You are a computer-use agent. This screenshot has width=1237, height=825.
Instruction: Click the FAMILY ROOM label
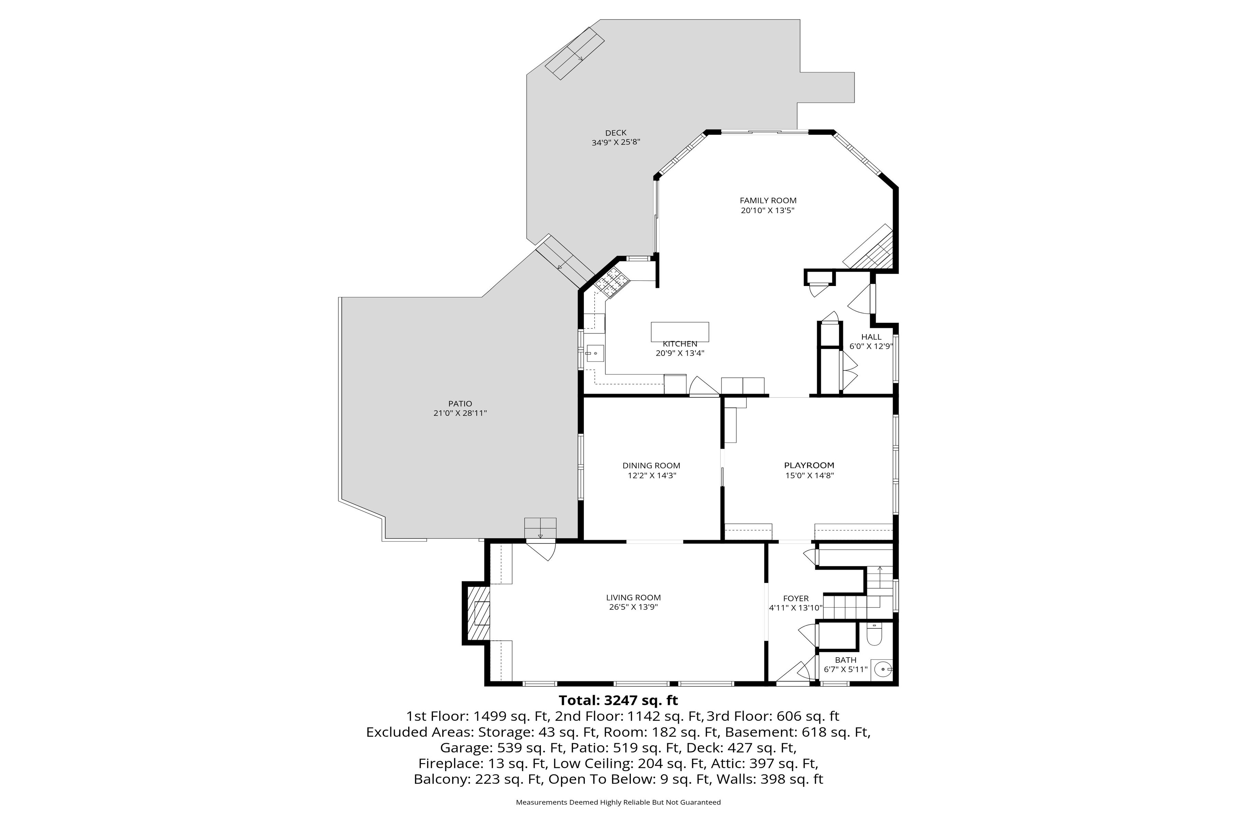pos(768,200)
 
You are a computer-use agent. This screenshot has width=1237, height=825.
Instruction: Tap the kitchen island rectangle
pos(680,332)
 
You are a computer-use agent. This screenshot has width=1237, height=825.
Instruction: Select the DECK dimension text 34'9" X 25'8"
pos(616,142)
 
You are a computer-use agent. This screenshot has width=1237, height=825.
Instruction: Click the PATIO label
pos(460,404)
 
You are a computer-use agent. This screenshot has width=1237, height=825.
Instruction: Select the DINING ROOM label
pos(651,466)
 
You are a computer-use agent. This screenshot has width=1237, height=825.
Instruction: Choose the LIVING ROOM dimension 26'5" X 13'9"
pos(633,607)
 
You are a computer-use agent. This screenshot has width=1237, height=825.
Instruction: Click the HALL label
pos(871,337)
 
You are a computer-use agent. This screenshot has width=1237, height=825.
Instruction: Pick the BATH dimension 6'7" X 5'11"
pos(845,670)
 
